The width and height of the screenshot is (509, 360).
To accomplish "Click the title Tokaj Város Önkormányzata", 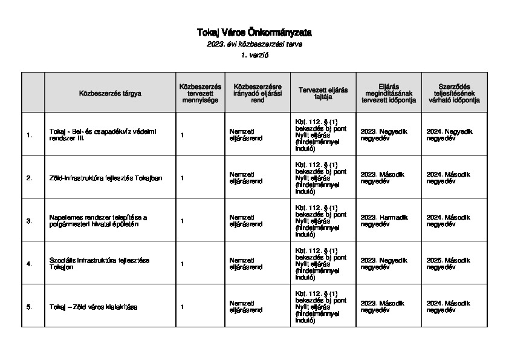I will pyautogui.click(x=254, y=32).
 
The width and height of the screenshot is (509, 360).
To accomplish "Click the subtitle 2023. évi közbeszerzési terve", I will pyautogui.click(x=254, y=44).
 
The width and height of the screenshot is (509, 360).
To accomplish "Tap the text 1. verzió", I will pyautogui.click(x=254, y=55).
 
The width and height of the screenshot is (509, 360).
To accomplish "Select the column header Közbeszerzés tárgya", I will pyautogui.click(x=110, y=93).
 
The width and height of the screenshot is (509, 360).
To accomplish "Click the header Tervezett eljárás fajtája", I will pyautogui.click(x=323, y=93).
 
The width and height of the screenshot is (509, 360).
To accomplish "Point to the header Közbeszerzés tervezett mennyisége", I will pyautogui.click(x=200, y=93).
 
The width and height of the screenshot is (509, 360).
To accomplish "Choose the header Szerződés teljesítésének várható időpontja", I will pyautogui.click(x=453, y=93).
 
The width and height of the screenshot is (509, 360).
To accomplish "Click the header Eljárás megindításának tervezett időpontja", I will pyautogui.click(x=388, y=93).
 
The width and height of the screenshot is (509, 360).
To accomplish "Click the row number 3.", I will pyautogui.click(x=29, y=221).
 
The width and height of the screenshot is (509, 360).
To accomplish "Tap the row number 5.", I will pyautogui.click(x=29, y=307).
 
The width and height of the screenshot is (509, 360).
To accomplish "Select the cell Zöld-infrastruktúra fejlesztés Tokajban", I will pyautogui.click(x=106, y=178).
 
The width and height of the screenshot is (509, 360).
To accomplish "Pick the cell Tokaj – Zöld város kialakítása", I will pyautogui.click(x=94, y=307).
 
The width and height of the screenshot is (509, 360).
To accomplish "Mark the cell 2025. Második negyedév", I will pyautogui.click(x=449, y=264).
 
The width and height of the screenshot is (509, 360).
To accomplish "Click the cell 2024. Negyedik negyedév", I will pyautogui.click(x=449, y=135).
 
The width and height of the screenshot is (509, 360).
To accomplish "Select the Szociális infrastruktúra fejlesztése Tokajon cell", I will pyautogui.click(x=99, y=264).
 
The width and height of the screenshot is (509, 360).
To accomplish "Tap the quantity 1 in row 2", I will pyautogui.click(x=182, y=178).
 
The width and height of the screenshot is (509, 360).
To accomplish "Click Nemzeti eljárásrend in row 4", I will pyautogui.click(x=246, y=264).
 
